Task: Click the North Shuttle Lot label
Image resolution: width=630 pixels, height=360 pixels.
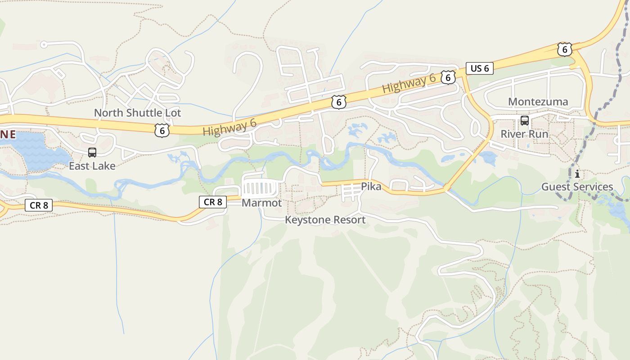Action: (x=137, y=113)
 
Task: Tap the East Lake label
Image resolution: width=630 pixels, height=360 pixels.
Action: (x=92, y=166)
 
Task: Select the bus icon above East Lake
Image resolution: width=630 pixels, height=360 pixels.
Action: (x=92, y=153)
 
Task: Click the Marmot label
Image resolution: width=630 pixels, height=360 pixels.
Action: (x=261, y=203)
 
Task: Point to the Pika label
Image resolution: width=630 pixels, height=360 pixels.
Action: (x=371, y=186)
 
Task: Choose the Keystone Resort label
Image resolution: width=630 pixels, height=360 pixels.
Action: (x=325, y=220)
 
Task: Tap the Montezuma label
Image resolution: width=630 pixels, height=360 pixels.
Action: (x=538, y=102)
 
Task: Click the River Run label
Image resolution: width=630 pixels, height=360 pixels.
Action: (x=524, y=134)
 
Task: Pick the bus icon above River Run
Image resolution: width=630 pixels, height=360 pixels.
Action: (x=524, y=121)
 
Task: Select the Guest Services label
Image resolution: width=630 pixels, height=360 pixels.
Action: (x=577, y=187)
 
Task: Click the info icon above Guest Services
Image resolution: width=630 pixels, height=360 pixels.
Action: (x=577, y=174)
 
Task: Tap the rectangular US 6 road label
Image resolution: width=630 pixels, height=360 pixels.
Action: (x=480, y=68)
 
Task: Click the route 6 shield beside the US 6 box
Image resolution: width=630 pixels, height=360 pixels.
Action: (x=447, y=77)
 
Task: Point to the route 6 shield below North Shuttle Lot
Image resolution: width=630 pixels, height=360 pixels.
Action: (x=162, y=131)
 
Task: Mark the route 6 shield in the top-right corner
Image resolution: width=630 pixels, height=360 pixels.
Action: (x=564, y=49)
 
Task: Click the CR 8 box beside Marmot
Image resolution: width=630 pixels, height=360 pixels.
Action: (x=213, y=202)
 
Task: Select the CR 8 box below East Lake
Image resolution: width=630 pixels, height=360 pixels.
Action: (x=39, y=206)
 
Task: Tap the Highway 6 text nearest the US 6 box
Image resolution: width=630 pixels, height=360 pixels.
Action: (x=409, y=84)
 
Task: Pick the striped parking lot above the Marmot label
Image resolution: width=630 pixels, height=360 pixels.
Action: (x=261, y=189)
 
